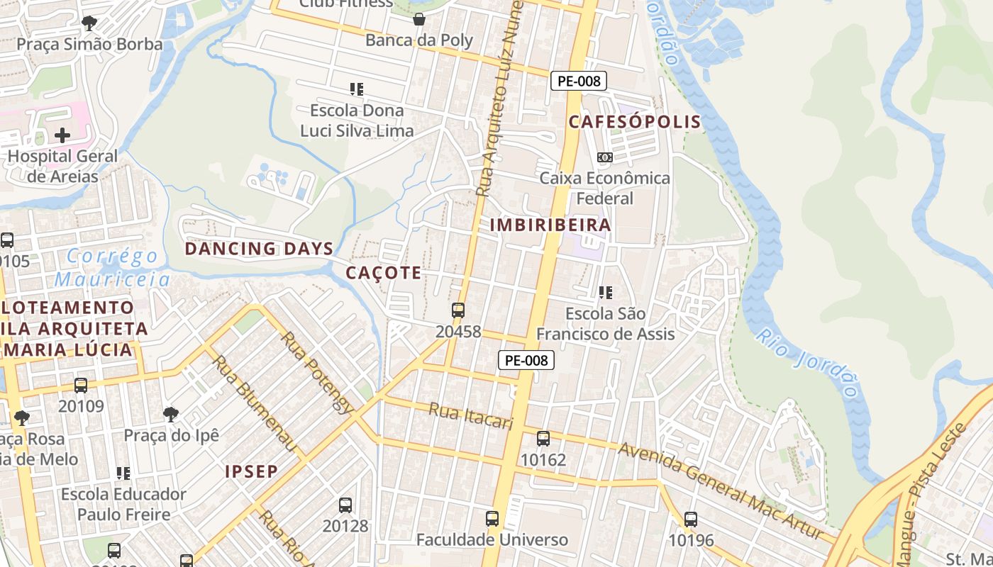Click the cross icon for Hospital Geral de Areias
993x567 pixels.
(x=62, y=135)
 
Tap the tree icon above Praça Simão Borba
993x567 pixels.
(x=89, y=23)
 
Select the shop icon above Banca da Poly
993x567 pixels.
(x=419, y=18)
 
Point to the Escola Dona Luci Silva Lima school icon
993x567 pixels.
(x=357, y=89)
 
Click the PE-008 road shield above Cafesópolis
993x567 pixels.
(x=579, y=81)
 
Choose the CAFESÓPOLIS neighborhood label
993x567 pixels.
(x=635, y=122)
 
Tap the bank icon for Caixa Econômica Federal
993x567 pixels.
(x=604, y=157)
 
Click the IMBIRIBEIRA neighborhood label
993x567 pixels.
(x=550, y=225)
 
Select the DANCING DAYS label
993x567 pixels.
(x=259, y=249)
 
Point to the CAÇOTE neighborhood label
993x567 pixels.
(x=383, y=273)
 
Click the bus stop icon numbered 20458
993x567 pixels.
(x=458, y=310)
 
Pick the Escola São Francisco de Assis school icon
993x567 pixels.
(x=605, y=292)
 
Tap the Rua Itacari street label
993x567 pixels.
(x=470, y=416)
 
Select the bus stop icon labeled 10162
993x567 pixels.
(x=543, y=439)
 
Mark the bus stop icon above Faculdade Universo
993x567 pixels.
(x=492, y=518)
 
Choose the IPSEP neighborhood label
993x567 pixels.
(x=251, y=471)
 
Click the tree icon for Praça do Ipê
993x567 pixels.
(x=170, y=414)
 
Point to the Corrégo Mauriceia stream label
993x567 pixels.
(x=113, y=267)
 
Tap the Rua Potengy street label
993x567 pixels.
(x=316, y=372)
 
